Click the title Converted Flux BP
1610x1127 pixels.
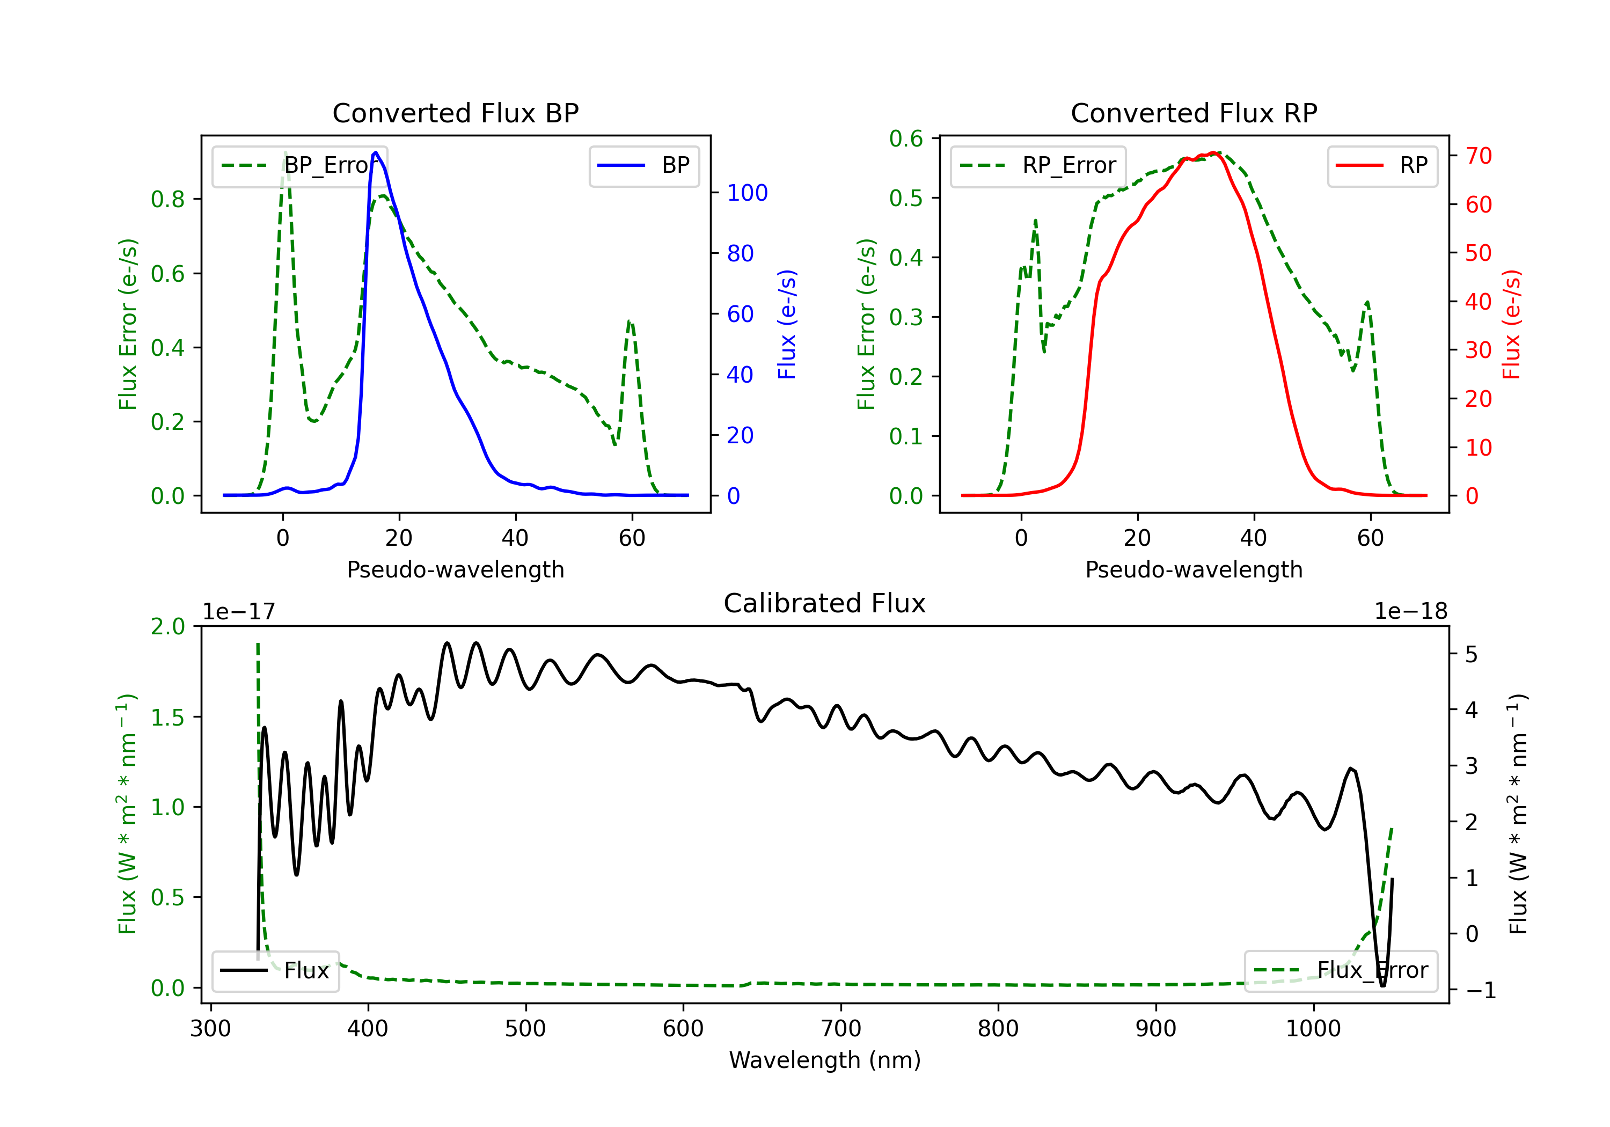456,113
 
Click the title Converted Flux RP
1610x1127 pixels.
1194,113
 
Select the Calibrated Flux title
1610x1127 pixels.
825,603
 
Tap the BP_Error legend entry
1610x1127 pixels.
299,165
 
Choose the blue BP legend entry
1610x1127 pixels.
643,165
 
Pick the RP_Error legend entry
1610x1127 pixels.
1038,165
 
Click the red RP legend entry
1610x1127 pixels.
1382,165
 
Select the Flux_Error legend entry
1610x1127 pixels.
1341,971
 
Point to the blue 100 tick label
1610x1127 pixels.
748,193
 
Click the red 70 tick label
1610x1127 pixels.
1479,156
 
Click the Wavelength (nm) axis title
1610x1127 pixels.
825,1060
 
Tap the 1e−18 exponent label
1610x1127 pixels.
1411,612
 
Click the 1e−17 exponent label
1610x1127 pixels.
239,612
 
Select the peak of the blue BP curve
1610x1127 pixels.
376,152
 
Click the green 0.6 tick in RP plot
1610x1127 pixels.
906,139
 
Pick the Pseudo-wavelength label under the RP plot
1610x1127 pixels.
1194,569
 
